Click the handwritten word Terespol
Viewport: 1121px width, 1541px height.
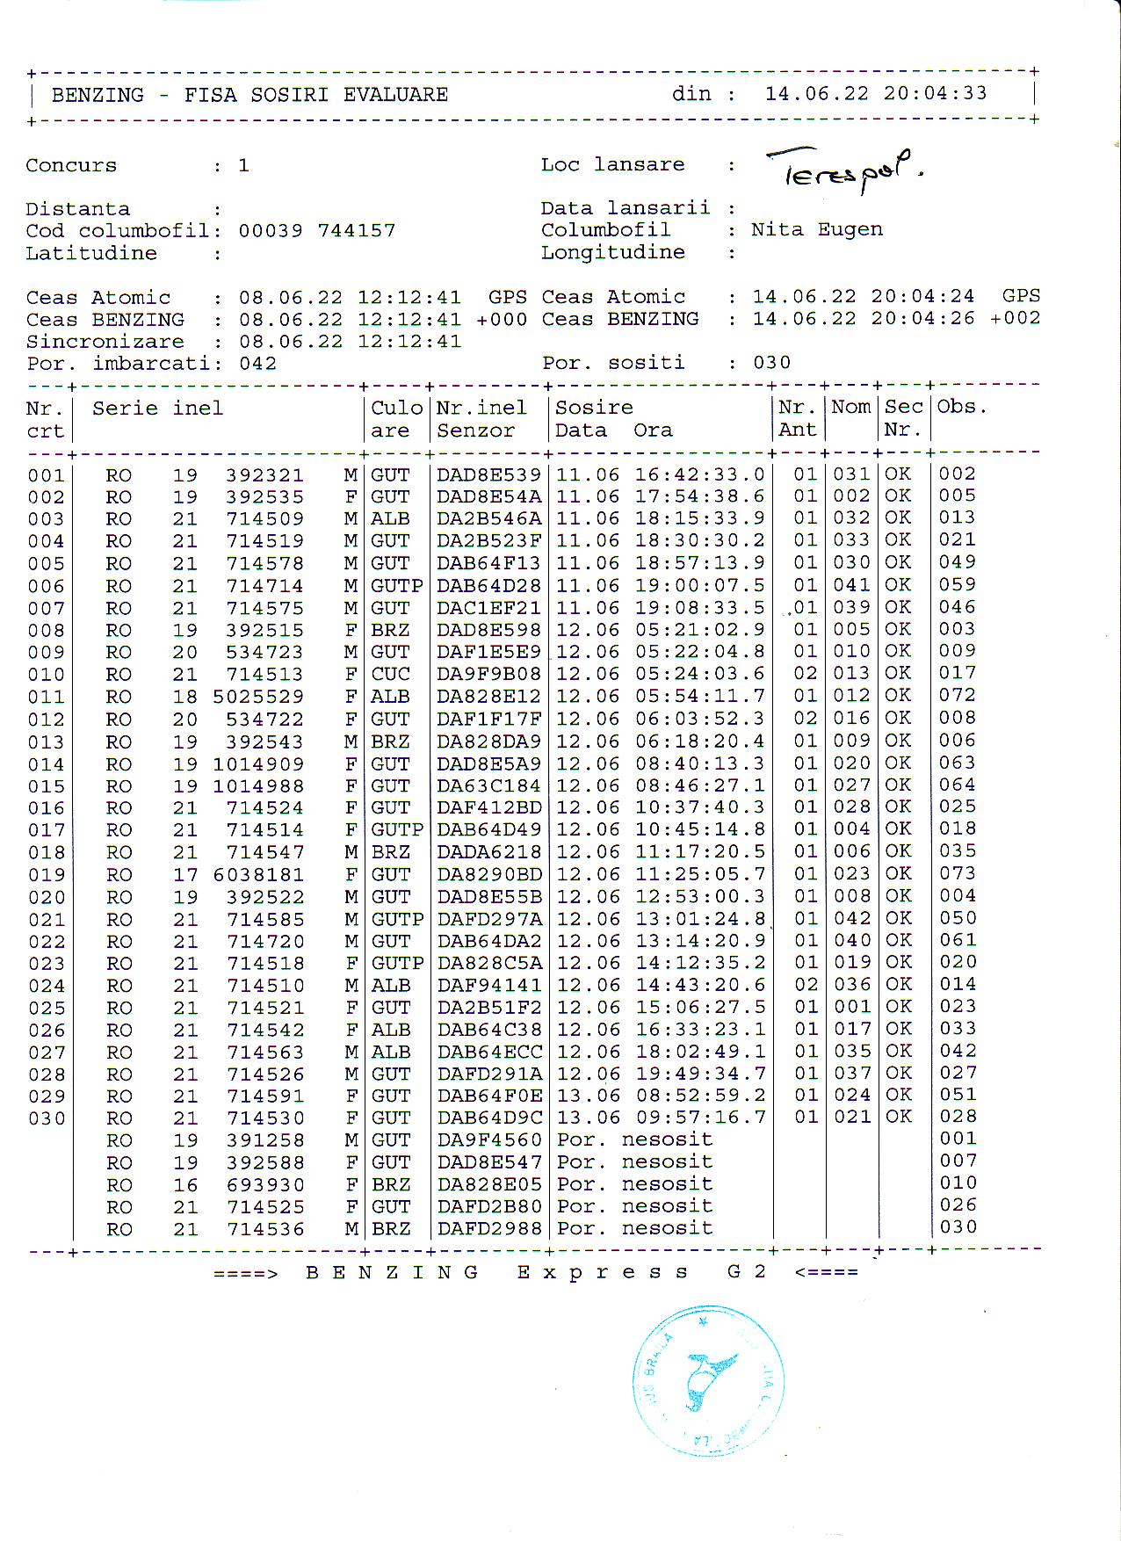coord(843,169)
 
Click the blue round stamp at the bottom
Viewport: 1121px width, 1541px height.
coord(708,1382)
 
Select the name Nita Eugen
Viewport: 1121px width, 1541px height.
coord(816,229)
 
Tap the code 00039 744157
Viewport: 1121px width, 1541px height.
coord(316,231)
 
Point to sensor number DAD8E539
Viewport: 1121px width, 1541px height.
coord(488,474)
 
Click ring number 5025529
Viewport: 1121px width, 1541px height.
coord(258,697)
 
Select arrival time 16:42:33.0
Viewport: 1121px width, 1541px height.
coord(699,474)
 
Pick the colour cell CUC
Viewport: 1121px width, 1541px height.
coord(390,674)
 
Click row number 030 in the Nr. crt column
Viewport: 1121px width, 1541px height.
coord(47,1118)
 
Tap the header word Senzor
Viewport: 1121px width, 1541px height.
coord(475,430)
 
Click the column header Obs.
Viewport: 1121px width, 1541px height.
coord(962,407)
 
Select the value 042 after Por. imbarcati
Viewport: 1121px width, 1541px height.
coord(257,364)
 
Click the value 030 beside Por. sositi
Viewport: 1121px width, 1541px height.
coord(771,363)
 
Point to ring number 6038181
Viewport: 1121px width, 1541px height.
coord(258,875)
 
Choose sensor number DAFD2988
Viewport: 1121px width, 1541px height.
coord(489,1228)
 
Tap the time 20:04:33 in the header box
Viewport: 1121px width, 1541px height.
coord(936,93)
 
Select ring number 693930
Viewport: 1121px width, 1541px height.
coord(265,1184)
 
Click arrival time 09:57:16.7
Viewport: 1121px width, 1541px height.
coord(699,1118)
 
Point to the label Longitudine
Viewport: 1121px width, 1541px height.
coord(612,252)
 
